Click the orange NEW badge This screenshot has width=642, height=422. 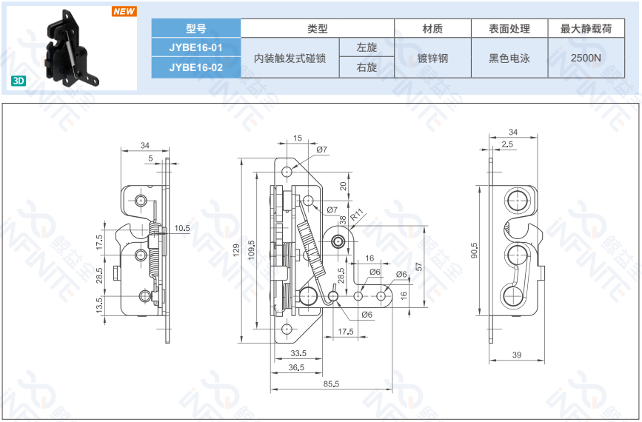click(x=124, y=11)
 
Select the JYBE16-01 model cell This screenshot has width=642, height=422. click(x=195, y=47)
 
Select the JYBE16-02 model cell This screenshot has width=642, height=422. click(x=195, y=67)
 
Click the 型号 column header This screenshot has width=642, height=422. click(x=195, y=28)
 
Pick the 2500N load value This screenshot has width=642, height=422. click(x=586, y=58)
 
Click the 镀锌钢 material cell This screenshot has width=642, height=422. click(x=432, y=58)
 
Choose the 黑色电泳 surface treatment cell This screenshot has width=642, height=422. click(x=509, y=58)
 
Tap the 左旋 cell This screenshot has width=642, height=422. click(x=367, y=47)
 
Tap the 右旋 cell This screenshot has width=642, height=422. click(x=367, y=67)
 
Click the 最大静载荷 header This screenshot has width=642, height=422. click(x=586, y=28)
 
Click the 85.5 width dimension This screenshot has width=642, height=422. click(x=330, y=384)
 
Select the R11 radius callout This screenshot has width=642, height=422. click(x=355, y=215)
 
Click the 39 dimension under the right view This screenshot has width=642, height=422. click(x=516, y=355)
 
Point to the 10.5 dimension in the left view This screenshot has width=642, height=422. click(x=182, y=228)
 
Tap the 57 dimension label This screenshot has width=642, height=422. click(x=418, y=267)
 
